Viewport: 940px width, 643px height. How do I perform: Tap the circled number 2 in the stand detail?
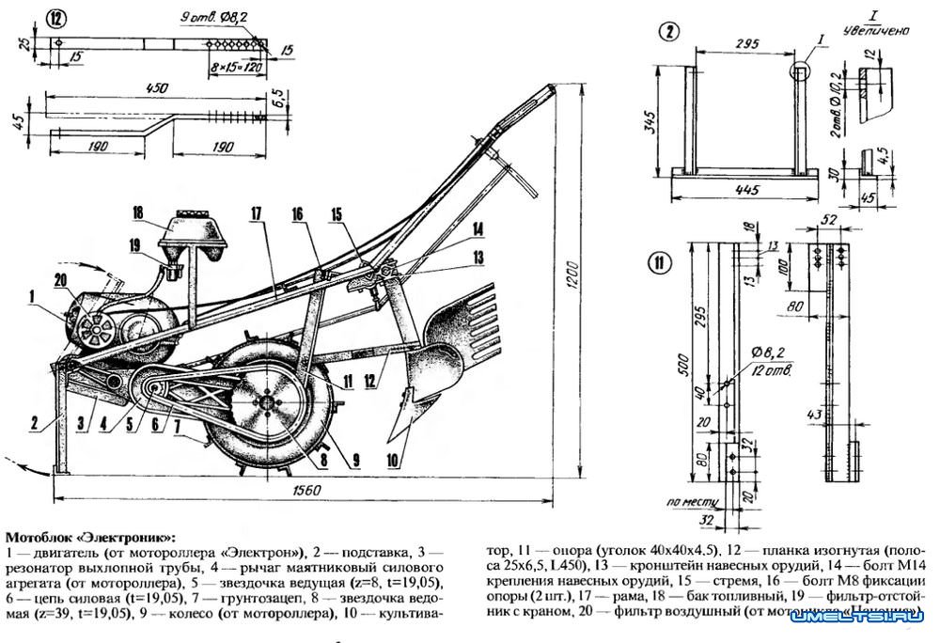(x=668, y=33)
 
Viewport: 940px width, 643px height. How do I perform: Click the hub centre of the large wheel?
(x=270, y=403)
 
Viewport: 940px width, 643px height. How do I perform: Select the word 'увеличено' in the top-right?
(x=875, y=30)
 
